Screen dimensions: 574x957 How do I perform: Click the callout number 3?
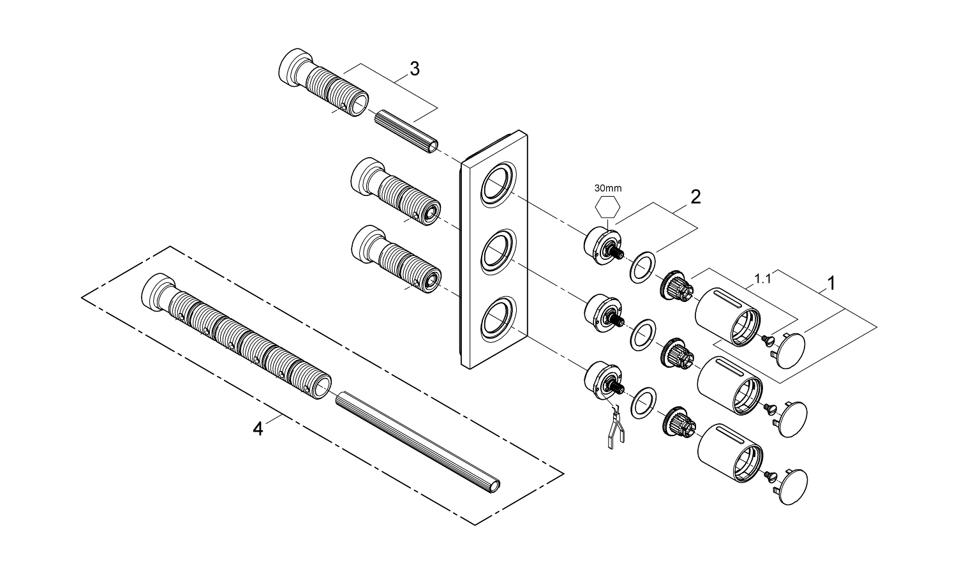(x=415, y=69)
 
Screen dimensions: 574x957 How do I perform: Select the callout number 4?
(x=258, y=429)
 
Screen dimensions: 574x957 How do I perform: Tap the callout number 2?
(x=695, y=196)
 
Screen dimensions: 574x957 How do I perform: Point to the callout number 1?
(x=831, y=282)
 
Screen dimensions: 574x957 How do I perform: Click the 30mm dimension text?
(x=607, y=188)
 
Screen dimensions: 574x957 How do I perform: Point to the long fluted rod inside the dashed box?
(x=418, y=441)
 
